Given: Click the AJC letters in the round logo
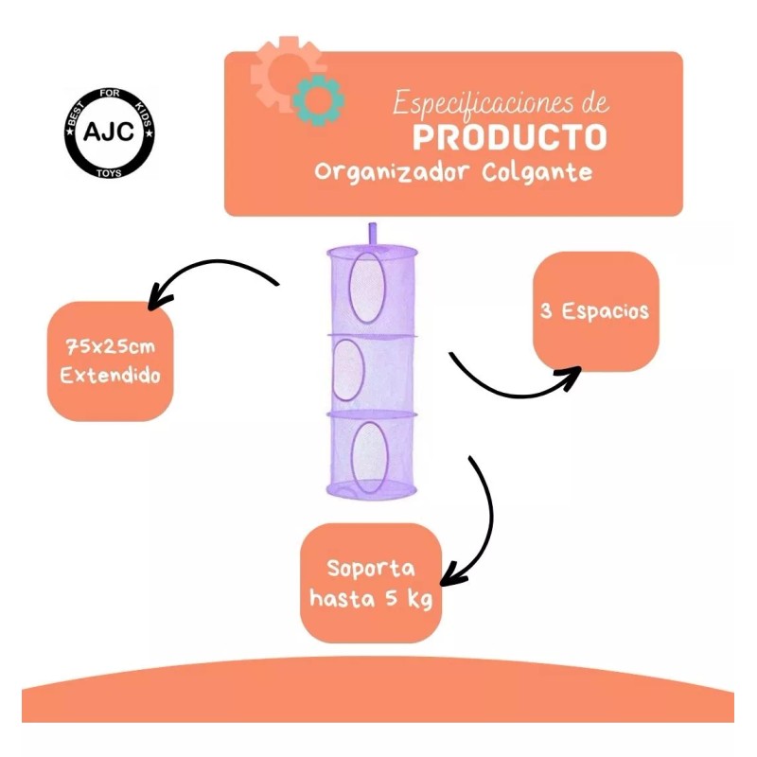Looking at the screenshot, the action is pos(109,132).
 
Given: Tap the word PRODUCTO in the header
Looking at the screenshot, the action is pos(509,137).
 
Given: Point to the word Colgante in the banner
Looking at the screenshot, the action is pos(537,173).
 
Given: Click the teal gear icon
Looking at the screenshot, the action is pos(319,100).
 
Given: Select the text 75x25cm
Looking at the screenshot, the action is pos(110,346).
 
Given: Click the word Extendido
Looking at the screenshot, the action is pos(110,376).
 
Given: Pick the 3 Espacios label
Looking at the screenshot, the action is pos(595,311).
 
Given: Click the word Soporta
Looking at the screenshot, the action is pos(371,569).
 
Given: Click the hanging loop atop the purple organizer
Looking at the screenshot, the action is pos(372,235).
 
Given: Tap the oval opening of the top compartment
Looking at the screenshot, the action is pos(367,288).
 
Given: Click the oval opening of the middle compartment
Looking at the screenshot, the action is pos(347,370).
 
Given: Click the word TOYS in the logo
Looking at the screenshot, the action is pos(109,173).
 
